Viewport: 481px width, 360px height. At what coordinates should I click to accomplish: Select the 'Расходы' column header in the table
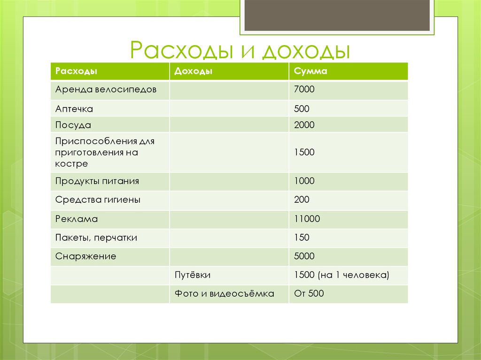pyautogui.click(x=76, y=71)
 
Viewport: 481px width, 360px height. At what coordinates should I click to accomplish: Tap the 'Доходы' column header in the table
pyautogui.click(x=193, y=71)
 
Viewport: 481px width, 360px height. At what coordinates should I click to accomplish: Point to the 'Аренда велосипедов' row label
pyautogui.click(x=106, y=89)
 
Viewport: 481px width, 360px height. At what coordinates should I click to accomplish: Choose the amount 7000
pyautogui.click(x=304, y=89)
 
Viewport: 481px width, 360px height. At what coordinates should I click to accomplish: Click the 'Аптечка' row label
pyautogui.click(x=74, y=109)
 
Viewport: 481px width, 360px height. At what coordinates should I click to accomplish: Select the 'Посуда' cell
pyautogui.click(x=73, y=125)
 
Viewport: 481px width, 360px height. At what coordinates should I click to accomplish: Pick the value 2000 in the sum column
pyautogui.click(x=304, y=125)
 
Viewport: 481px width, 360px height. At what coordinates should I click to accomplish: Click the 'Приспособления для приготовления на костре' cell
pyautogui.click(x=105, y=153)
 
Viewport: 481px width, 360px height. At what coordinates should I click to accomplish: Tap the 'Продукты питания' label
pyautogui.click(x=97, y=181)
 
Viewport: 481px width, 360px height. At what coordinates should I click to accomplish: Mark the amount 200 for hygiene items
pyautogui.click(x=302, y=199)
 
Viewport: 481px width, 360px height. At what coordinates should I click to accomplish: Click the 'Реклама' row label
pyautogui.click(x=77, y=219)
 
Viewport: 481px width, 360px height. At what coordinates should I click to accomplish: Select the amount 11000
pyautogui.click(x=306, y=219)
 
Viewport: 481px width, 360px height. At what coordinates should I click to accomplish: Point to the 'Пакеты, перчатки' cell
pyautogui.click(x=96, y=238)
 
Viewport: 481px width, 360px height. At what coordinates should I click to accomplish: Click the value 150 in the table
pyautogui.click(x=302, y=238)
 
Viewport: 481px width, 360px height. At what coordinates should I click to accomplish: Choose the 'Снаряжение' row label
pyautogui.click(x=85, y=257)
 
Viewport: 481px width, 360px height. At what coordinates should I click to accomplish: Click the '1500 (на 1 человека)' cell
pyautogui.click(x=341, y=275)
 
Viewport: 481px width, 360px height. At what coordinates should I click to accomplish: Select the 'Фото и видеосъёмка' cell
pyautogui.click(x=224, y=294)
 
